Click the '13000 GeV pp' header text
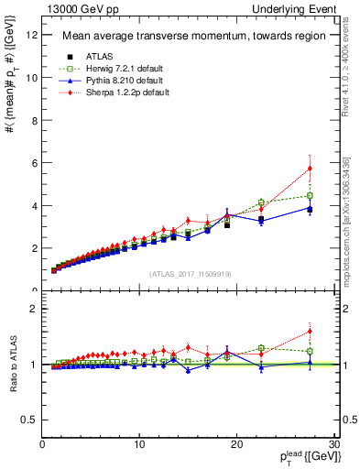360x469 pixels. pyautogui.click(x=68, y=8)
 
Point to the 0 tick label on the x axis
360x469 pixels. pyautogui.click(x=43, y=445)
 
